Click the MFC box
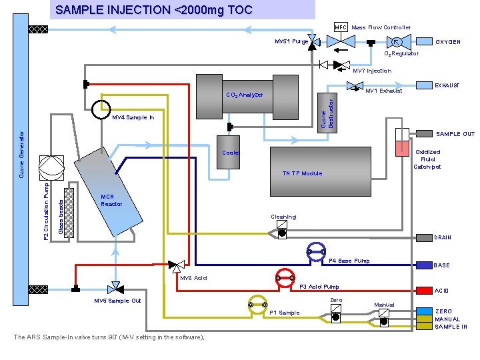[x=340, y=27]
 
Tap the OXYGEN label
[x=448, y=42]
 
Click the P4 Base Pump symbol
[x=315, y=251]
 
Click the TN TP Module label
[x=302, y=173]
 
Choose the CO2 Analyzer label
[x=244, y=95]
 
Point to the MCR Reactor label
[x=111, y=200]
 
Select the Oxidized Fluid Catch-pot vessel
[x=401, y=143]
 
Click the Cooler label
[x=231, y=153]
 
